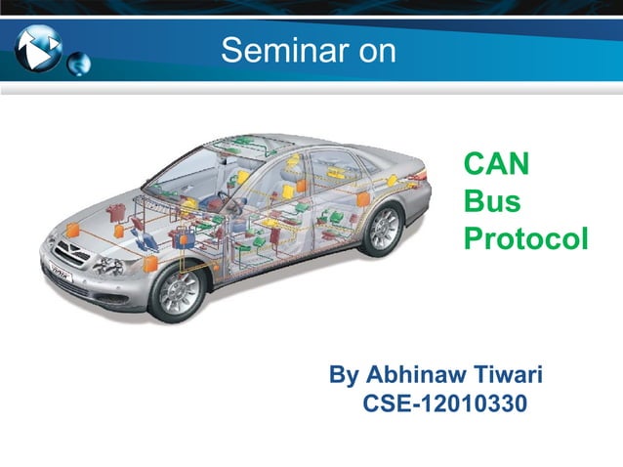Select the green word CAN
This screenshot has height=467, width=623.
tap(496, 164)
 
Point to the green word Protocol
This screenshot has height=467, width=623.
tap(525, 238)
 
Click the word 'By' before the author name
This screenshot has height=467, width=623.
tap(344, 376)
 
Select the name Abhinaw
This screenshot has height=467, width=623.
tap(414, 376)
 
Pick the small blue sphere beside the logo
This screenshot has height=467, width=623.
tap(78, 64)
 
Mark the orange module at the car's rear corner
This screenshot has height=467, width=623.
tap(363, 198)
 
